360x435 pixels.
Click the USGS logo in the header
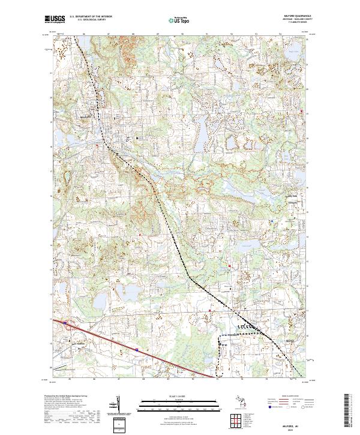(x=55, y=19)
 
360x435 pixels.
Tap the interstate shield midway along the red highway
(x=137, y=348)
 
